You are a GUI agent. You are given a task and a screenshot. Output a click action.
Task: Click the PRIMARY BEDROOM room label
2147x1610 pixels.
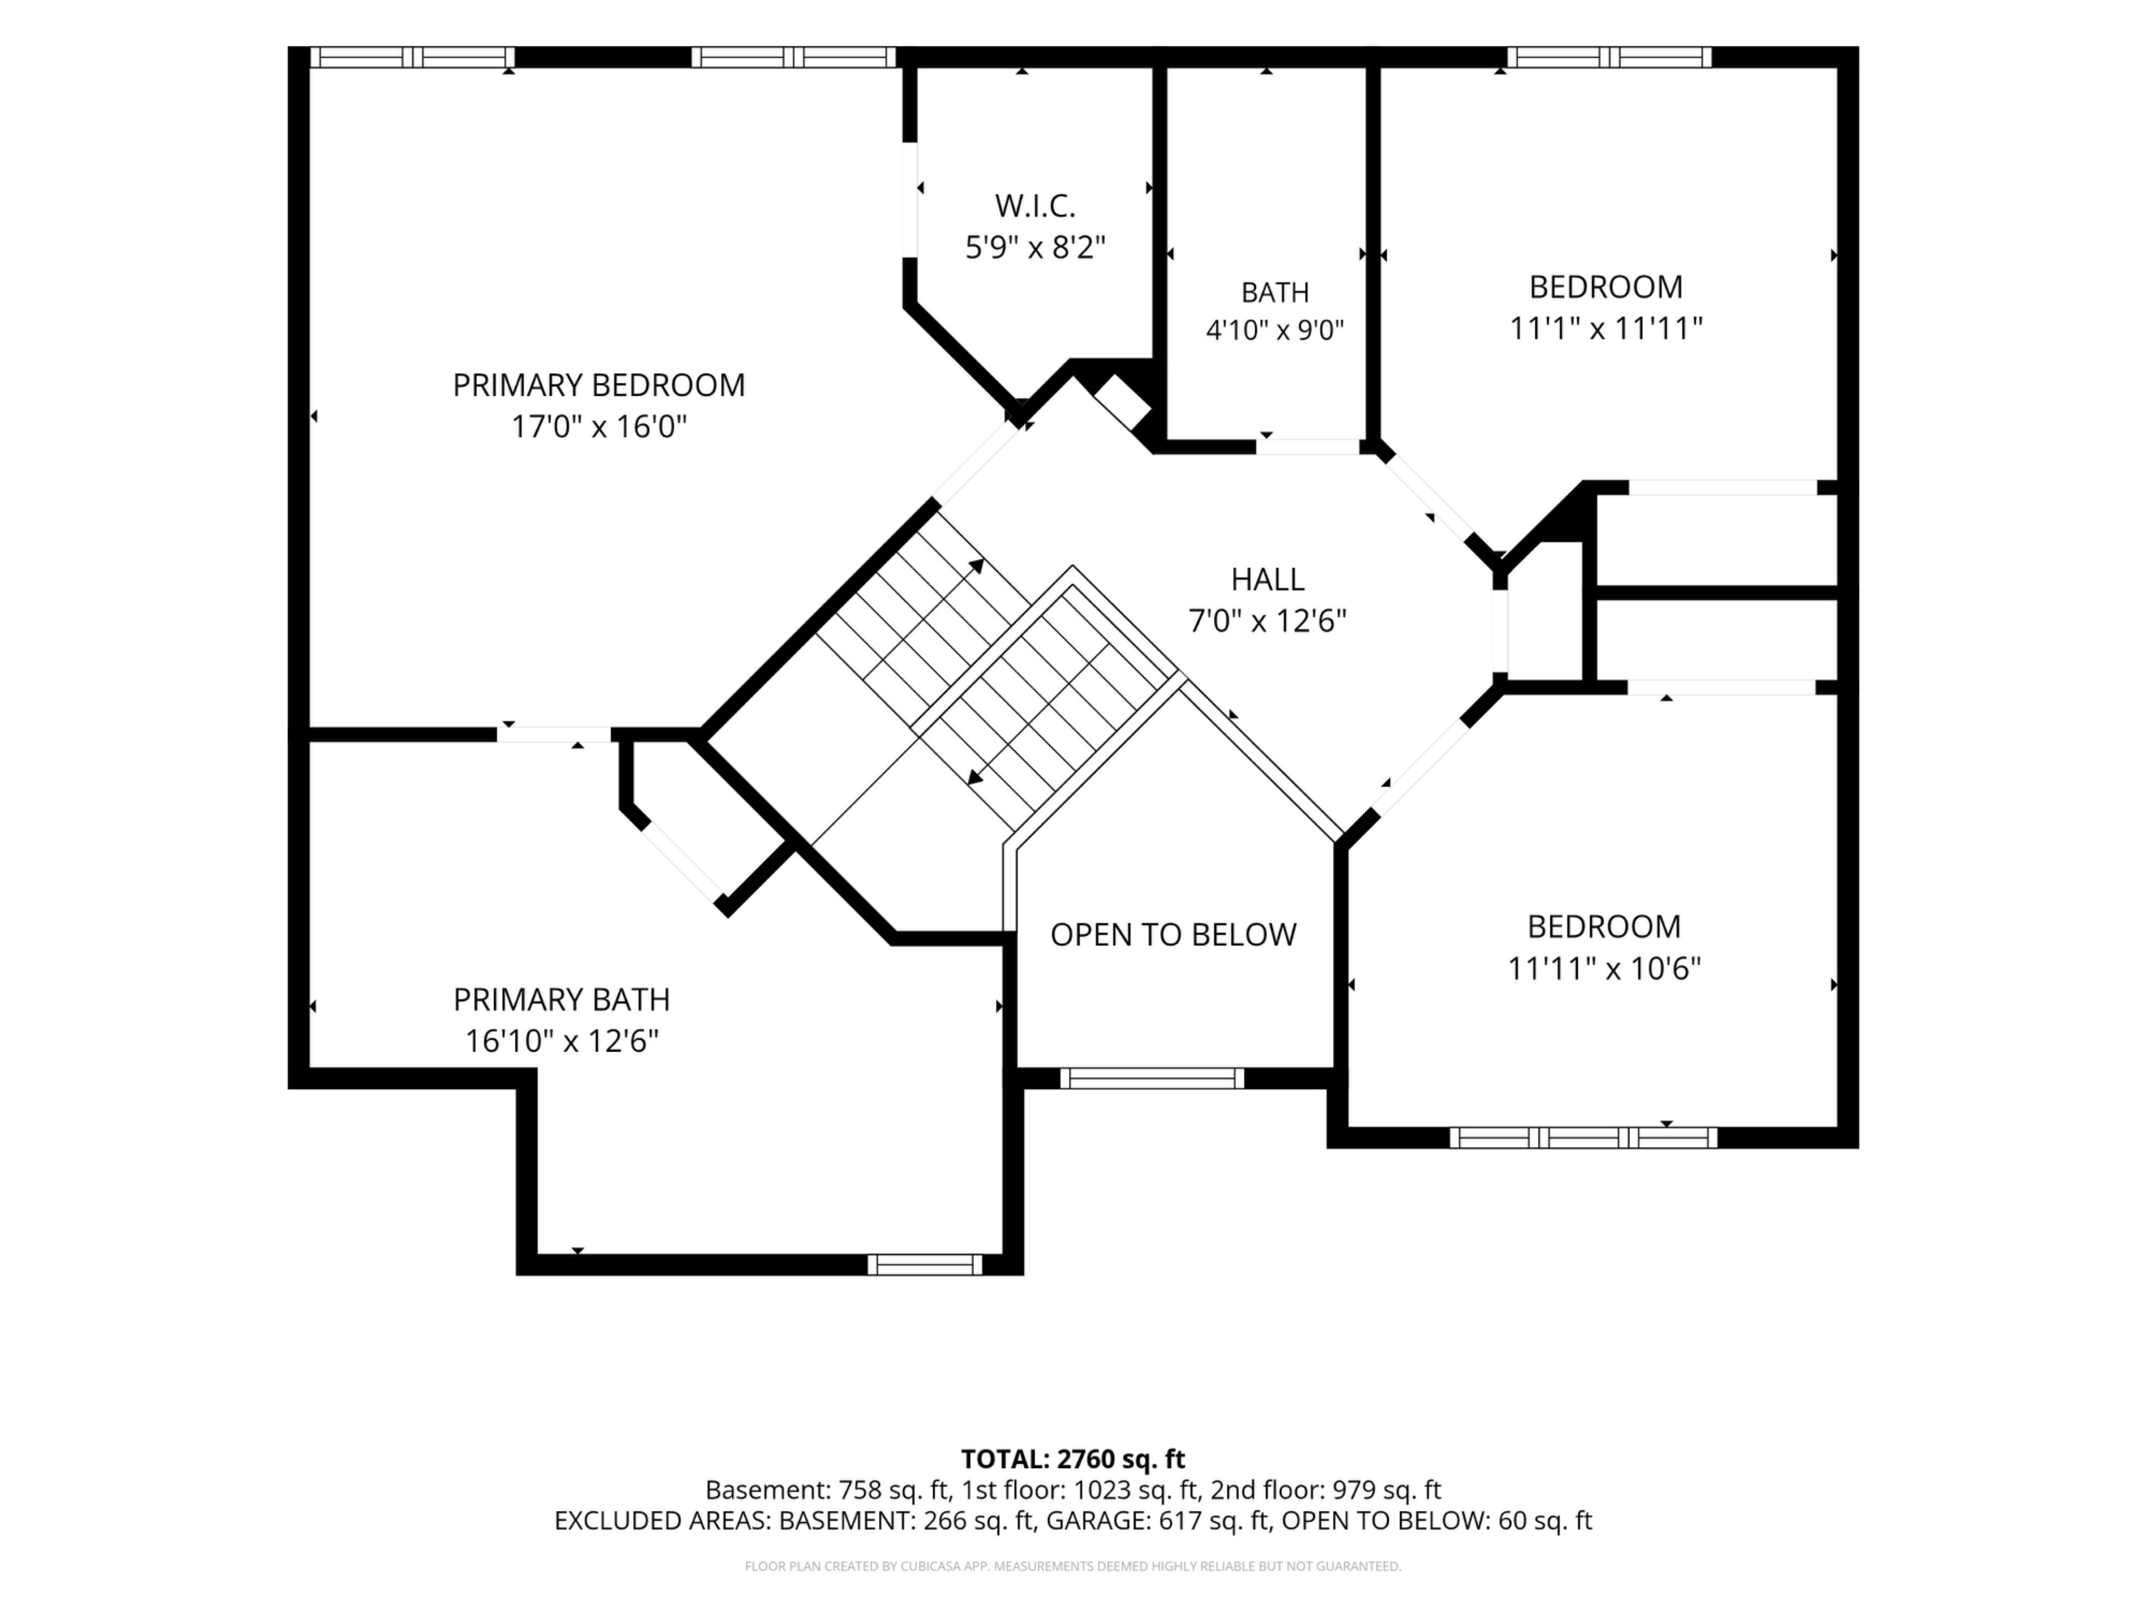coord(599,385)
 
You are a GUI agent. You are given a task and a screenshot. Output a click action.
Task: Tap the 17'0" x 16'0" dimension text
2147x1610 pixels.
coord(599,427)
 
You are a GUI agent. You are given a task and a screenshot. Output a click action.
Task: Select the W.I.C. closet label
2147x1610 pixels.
coord(1035,206)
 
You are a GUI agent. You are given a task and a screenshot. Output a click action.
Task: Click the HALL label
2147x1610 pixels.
coord(1268,579)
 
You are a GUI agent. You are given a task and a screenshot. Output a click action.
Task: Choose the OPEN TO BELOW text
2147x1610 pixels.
coord(1174,935)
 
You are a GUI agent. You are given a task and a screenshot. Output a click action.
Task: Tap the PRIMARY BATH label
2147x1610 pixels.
coord(562,1000)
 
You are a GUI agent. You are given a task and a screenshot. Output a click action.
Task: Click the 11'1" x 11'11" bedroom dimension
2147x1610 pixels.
coord(1605,329)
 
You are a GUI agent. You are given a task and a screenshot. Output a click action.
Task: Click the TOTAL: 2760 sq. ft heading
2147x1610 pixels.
coord(1072,1459)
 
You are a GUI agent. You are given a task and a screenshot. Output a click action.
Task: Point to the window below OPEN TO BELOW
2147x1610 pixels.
coord(1151,1078)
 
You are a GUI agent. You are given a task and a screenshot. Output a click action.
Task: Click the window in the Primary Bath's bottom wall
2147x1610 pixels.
coord(924,1265)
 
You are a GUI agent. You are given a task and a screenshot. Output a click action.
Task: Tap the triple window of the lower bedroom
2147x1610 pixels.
coord(1583,1138)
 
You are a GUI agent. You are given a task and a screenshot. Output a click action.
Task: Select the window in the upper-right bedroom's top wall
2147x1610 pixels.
coord(1609,57)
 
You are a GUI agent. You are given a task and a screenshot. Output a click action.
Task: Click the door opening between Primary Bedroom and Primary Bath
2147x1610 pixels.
coord(554,735)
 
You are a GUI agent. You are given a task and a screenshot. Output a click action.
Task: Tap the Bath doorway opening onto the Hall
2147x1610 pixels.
coord(1308,447)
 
